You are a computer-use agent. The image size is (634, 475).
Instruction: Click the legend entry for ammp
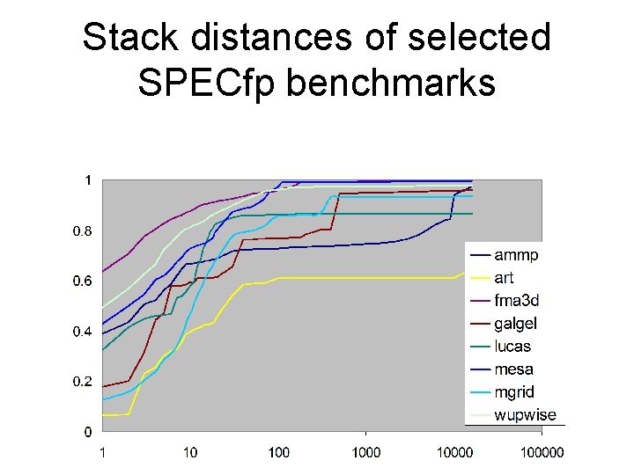[x=516, y=256]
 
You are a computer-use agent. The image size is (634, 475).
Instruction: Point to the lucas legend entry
[x=512, y=347]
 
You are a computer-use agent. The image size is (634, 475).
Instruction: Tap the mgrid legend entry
[x=514, y=392]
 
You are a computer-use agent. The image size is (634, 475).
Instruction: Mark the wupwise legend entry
[x=525, y=415]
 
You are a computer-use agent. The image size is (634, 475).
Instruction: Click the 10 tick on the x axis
[x=190, y=452]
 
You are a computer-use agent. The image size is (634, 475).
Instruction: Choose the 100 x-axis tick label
[x=278, y=452]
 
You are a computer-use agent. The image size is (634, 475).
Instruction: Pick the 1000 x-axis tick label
[x=366, y=452]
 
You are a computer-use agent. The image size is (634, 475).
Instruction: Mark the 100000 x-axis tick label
[x=542, y=452]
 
